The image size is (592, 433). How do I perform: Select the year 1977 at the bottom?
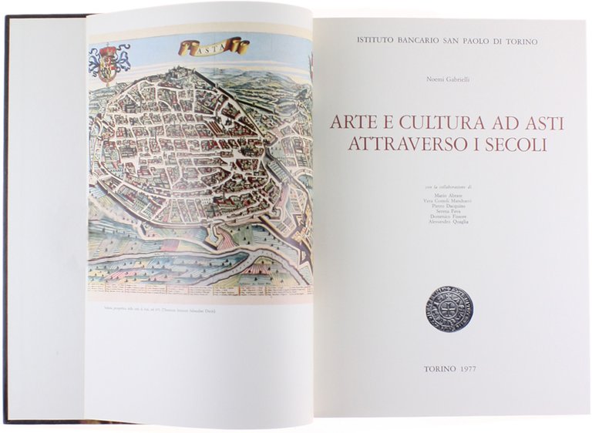[x=466, y=369]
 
